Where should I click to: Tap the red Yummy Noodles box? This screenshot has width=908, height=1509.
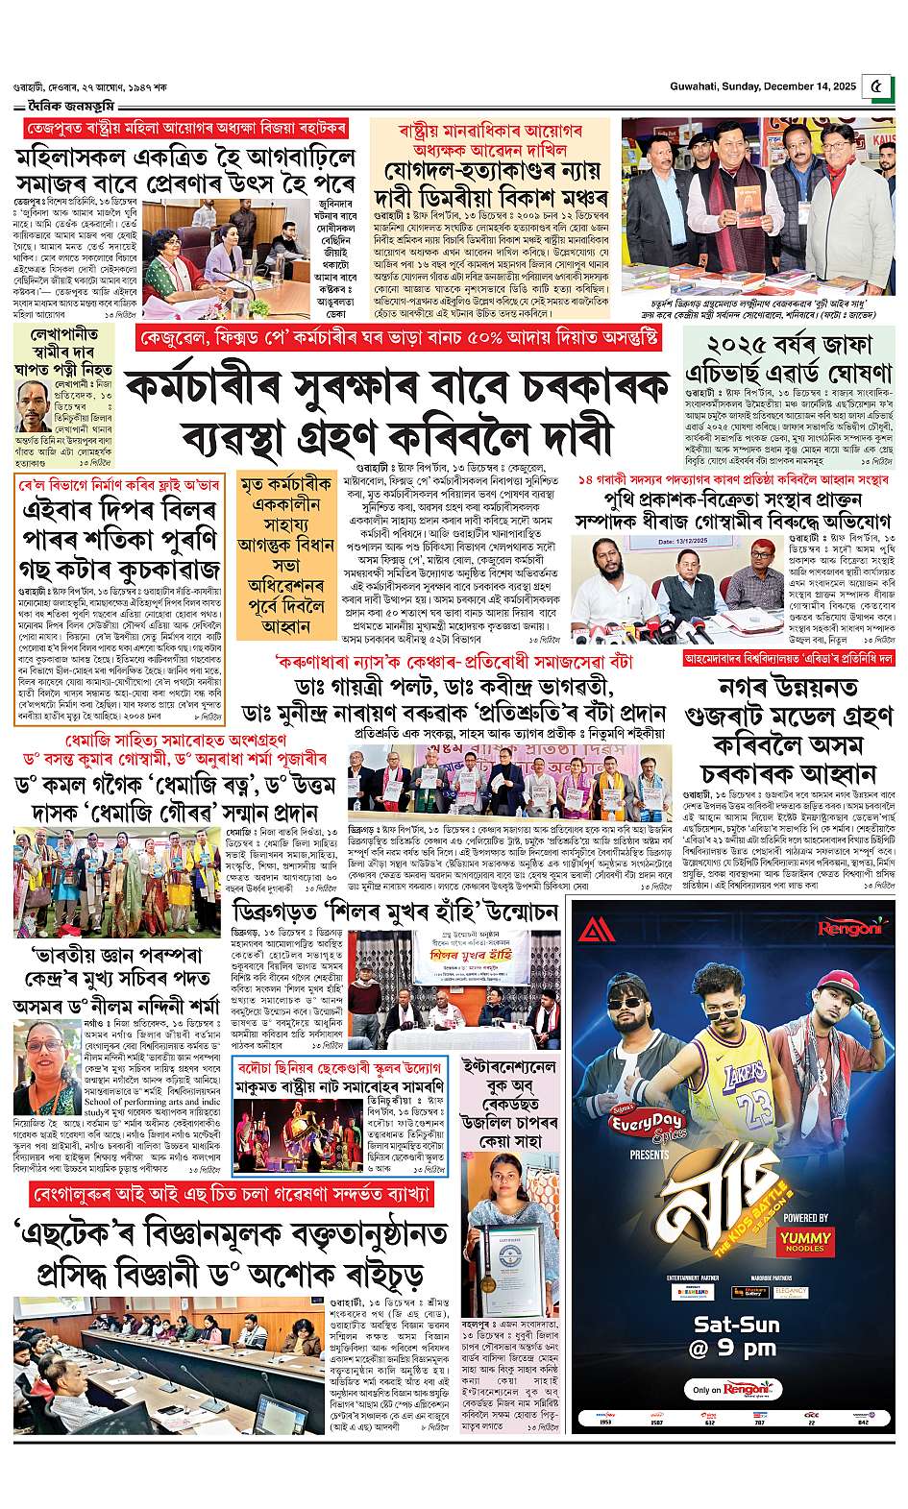tap(806, 1239)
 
